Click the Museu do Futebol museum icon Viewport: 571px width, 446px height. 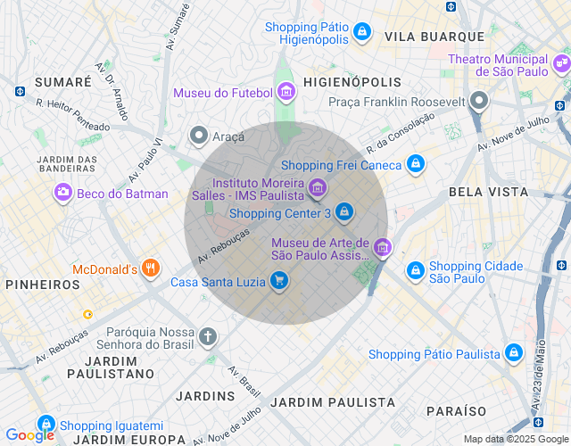(x=285, y=91)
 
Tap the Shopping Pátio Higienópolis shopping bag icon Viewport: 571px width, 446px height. (x=361, y=32)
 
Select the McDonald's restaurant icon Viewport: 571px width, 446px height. (x=150, y=268)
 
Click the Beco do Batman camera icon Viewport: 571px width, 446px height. (x=62, y=192)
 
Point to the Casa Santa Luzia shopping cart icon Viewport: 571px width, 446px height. (x=279, y=281)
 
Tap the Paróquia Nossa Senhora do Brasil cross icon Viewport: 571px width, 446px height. (x=207, y=336)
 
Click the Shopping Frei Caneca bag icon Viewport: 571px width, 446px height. (x=415, y=164)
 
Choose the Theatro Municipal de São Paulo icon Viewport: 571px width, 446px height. (x=561, y=64)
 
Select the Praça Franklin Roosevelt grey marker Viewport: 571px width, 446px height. (x=480, y=100)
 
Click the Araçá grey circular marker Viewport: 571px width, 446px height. (x=198, y=136)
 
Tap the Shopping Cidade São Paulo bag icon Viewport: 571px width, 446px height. (x=415, y=270)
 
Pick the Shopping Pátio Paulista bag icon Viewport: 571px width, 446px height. (x=514, y=353)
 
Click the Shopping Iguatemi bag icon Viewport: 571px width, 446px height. (x=46, y=425)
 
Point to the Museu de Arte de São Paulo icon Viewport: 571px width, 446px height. (x=383, y=247)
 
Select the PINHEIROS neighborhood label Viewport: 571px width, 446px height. (x=42, y=285)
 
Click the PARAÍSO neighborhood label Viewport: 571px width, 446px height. (x=456, y=411)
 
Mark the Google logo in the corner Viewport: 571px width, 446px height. (x=29, y=435)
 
